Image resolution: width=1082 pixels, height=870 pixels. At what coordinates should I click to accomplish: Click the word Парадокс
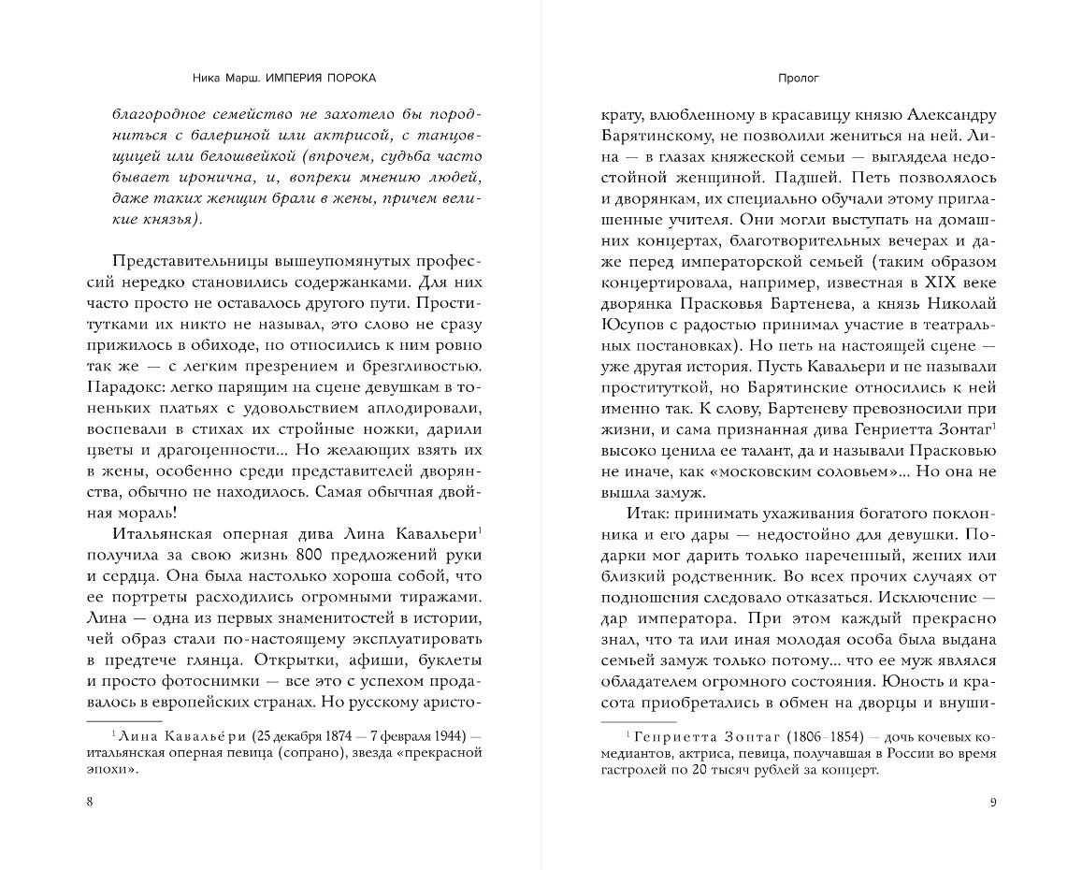tap(148, 384)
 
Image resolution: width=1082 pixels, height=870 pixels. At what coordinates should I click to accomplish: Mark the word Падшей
tap(820, 176)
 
